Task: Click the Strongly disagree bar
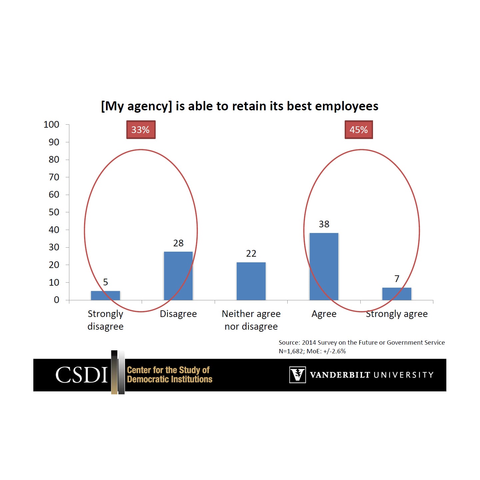pos(105,295)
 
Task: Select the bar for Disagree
pos(178,276)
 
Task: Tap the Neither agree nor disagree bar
pos(251,281)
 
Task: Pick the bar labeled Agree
pos(324,266)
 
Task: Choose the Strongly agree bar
pos(397,294)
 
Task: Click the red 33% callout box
pos(141,130)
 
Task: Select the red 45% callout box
pos(359,130)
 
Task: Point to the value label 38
pos(324,224)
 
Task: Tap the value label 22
pos(251,254)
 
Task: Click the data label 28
pos(178,243)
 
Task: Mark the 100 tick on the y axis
pos(51,125)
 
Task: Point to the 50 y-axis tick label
pos(54,212)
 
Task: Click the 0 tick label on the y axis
pos(56,300)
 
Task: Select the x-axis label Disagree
pos(178,314)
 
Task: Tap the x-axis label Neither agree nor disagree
pos(251,320)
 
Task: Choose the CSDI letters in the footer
pos(82,375)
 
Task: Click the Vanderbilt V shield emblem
pos(297,375)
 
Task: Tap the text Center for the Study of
pos(168,370)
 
